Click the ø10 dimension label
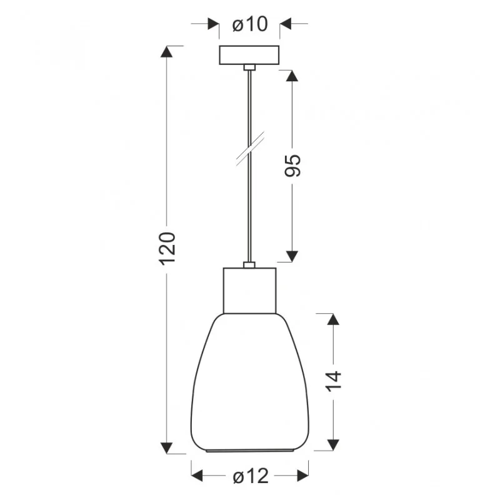pyautogui.click(x=250, y=24)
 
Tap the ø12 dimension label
pyautogui.click(x=251, y=476)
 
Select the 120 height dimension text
pyautogui.click(x=167, y=249)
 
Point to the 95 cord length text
pyautogui.click(x=292, y=166)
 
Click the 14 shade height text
pyautogui.click(x=334, y=381)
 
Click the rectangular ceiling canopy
pyautogui.click(x=249, y=55)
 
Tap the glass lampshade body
pyautogui.click(x=249, y=382)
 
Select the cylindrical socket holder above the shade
pyautogui.click(x=249, y=291)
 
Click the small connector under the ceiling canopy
pyautogui.click(x=249, y=67)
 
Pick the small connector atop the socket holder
pyautogui.click(x=249, y=264)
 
